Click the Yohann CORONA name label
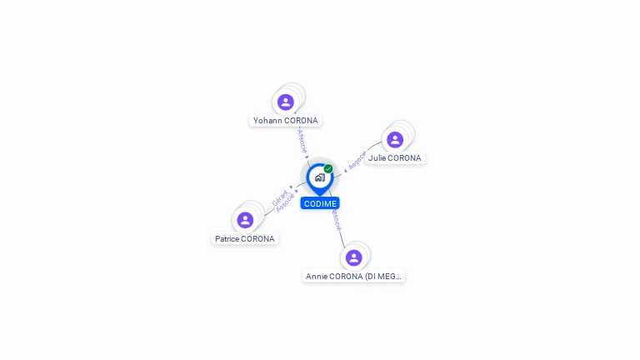tap(286, 120)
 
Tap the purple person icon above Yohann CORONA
tap(286, 102)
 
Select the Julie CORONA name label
tap(395, 157)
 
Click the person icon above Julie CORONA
tap(395, 139)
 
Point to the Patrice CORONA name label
tap(244, 238)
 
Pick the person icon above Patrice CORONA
tap(245, 220)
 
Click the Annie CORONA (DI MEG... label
tap(353, 276)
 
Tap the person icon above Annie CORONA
tap(353, 257)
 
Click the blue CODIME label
tap(320, 203)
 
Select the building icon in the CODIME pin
tap(319, 177)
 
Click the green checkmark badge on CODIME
tap(328, 168)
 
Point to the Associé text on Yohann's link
tap(302, 141)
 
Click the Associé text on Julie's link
tap(357, 160)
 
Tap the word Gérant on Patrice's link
tap(280, 198)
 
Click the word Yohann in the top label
tap(267, 120)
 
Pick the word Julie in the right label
tap(377, 157)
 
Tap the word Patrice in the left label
tap(227, 238)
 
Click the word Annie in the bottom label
tap(317, 276)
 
